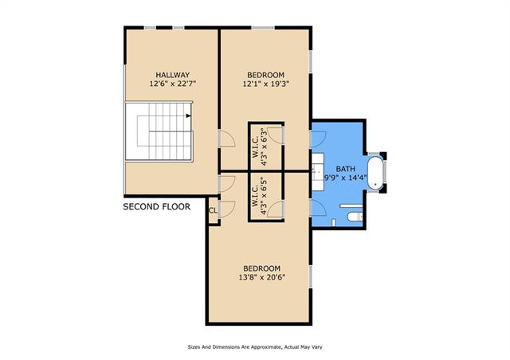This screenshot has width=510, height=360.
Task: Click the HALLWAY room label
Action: click(172, 75)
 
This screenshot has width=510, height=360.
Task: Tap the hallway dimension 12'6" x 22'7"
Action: click(172, 84)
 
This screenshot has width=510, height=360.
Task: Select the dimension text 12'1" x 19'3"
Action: click(265, 84)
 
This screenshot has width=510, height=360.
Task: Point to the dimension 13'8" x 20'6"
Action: click(262, 277)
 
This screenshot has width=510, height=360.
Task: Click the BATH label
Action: click(345, 169)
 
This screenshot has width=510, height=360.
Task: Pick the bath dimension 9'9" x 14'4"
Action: click(346, 178)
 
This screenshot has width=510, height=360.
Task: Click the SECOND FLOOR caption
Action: click(157, 207)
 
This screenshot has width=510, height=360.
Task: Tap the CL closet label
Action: click(213, 211)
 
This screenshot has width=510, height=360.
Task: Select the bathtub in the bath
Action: click(375, 173)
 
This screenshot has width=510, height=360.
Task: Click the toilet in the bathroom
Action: click(355, 217)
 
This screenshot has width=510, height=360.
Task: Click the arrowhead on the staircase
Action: click(188, 115)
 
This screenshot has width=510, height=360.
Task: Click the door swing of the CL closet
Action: click(227, 209)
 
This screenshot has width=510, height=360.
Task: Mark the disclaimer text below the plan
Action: click(255, 347)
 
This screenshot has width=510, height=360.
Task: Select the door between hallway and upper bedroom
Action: click(227, 139)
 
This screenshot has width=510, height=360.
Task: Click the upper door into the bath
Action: click(319, 139)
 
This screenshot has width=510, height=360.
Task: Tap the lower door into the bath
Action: click(319, 208)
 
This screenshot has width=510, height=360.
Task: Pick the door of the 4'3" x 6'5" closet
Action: click(276, 209)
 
